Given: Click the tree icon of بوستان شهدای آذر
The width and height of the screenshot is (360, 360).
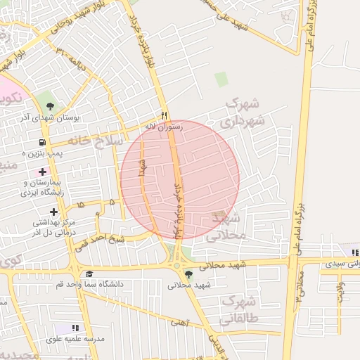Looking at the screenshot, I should pyautogui.click(x=49, y=105).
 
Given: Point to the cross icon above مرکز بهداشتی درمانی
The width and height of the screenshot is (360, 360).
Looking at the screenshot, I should pyautogui.click(x=53, y=212).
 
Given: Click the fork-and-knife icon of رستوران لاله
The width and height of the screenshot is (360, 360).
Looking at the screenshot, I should pyautogui.click(x=164, y=115).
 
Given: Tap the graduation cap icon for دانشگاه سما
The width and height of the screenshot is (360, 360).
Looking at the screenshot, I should pyautogui.click(x=89, y=274).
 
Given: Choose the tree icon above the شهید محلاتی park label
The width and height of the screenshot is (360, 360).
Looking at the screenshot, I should pyautogui.click(x=188, y=274).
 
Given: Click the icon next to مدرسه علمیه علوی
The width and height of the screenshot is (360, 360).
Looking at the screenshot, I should pyautogui.click(x=75, y=328).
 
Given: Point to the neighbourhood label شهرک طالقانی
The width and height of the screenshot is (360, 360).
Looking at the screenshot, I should pyautogui.click(x=239, y=311).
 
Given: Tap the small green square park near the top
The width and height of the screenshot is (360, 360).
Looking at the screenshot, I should pyautogui.click(x=221, y=79).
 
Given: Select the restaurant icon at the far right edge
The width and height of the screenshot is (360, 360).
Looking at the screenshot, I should pyautogui.click(x=355, y=252).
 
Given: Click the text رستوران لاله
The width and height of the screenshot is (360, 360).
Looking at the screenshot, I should pyautogui.click(x=163, y=127).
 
